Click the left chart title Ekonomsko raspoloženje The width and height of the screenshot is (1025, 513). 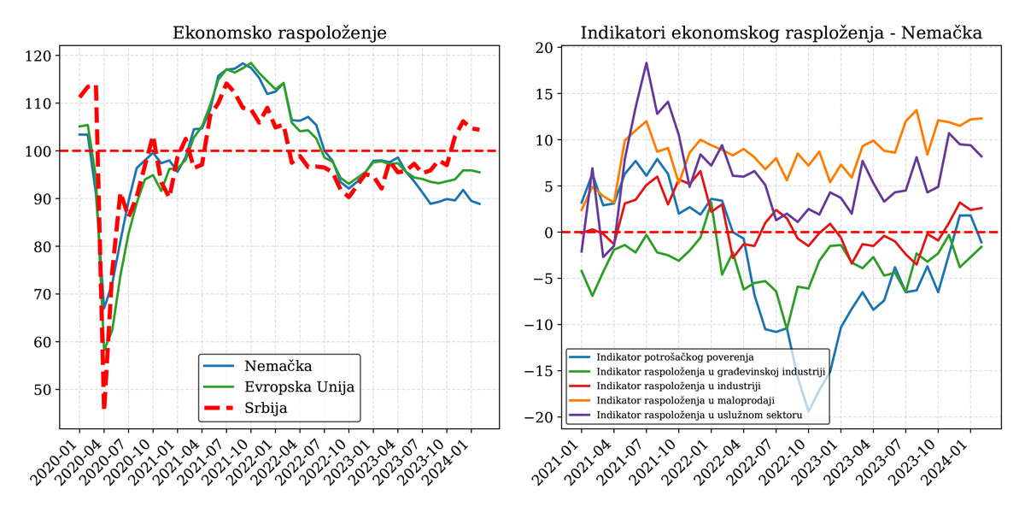pyautogui.click(x=279, y=33)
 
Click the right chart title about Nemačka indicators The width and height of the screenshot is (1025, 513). pyautogui.click(x=781, y=33)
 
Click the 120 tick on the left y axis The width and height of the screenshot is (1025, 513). pyautogui.click(x=40, y=56)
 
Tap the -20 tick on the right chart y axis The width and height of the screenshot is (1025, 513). pyautogui.click(x=542, y=417)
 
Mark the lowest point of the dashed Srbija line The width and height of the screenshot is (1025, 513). pyautogui.click(x=103, y=408)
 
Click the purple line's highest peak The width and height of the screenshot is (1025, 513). pyautogui.click(x=647, y=62)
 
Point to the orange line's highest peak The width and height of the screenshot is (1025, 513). pyautogui.click(x=917, y=109)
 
